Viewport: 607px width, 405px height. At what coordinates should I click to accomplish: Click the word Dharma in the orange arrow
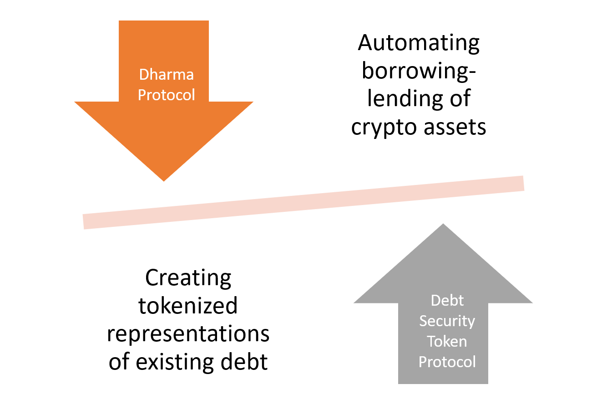tap(166, 74)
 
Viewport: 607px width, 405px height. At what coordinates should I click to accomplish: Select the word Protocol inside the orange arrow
tap(167, 95)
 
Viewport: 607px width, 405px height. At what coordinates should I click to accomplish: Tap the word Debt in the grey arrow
tap(447, 301)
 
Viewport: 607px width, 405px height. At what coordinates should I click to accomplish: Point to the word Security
tap(447, 321)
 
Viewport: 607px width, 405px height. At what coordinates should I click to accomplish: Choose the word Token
tap(447, 341)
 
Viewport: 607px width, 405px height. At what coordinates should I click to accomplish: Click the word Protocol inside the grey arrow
tap(447, 362)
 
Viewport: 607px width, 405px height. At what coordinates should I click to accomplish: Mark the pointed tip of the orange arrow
tap(164, 181)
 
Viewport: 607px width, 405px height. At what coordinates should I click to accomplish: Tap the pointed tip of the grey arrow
tap(443, 224)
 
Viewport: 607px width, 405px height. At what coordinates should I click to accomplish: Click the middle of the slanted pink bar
tap(303, 202)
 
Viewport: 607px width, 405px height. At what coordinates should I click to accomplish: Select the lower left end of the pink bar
tap(84, 222)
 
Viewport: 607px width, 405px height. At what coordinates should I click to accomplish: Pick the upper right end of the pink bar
tap(524, 183)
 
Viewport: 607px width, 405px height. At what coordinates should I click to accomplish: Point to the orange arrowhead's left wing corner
tap(74, 102)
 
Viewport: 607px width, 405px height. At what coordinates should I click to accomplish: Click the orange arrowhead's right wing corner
tap(254, 102)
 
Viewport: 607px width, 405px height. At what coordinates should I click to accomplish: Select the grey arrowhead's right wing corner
tap(533, 303)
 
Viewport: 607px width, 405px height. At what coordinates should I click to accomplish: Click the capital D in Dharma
tap(144, 74)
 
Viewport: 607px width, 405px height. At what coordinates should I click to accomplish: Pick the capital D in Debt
tap(435, 301)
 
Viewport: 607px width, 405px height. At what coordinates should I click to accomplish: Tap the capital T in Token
tap(430, 341)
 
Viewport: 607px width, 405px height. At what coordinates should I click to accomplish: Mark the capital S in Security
tap(423, 321)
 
